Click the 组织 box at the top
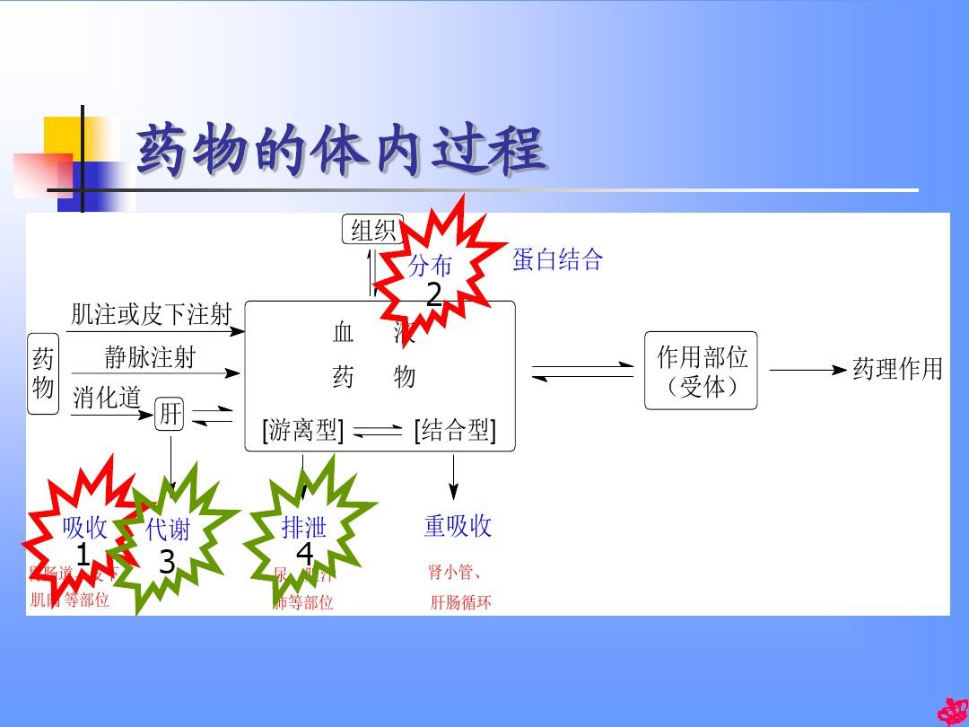point(373,230)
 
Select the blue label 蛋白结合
point(557,260)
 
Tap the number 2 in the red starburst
point(434,294)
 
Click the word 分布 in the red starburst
point(431,266)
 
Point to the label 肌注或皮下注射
point(151,314)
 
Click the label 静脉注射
point(150,357)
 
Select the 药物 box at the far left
point(43,373)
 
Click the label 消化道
point(107,398)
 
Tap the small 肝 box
point(170,415)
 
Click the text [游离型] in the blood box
point(302,431)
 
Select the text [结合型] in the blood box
point(454,431)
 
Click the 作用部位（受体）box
point(701,371)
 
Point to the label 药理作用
point(897,369)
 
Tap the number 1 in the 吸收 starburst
point(83,556)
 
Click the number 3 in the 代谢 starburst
point(167,563)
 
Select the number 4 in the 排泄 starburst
point(304,554)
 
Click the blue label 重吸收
point(458,526)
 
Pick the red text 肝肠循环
point(460,601)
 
